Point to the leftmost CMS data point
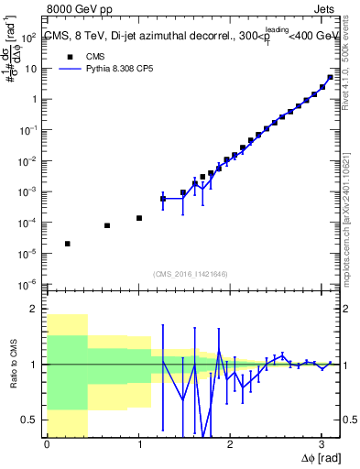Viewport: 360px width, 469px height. (68, 244)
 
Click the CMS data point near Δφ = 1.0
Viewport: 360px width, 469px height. (138, 218)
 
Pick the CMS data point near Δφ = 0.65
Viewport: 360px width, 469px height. (107, 225)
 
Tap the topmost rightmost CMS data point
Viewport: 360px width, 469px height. (330, 77)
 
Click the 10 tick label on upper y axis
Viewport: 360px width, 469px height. (32, 69)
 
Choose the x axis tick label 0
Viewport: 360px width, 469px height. (47, 445)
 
